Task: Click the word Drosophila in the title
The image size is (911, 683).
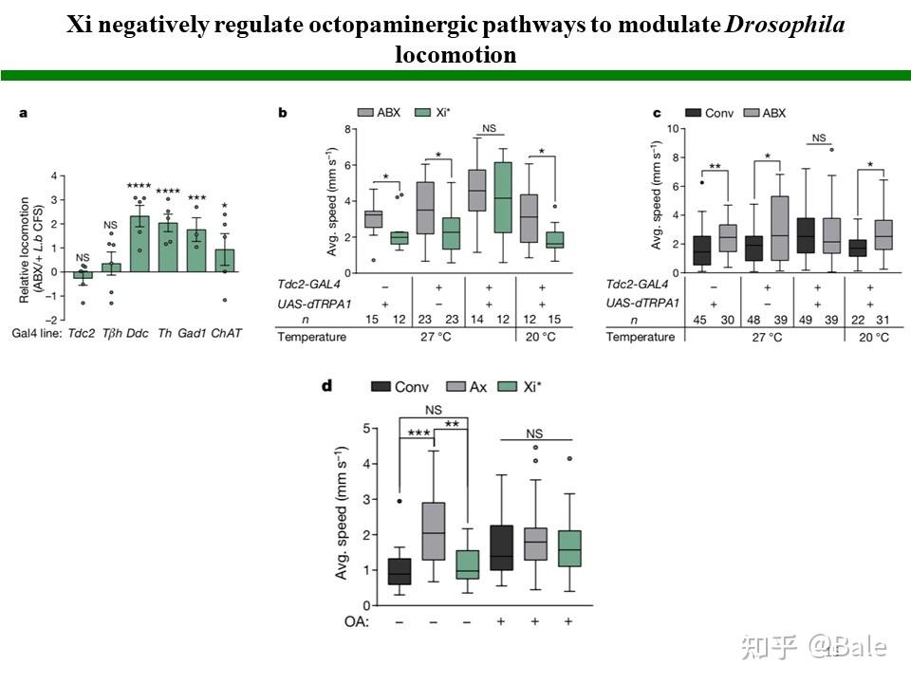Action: tap(785, 24)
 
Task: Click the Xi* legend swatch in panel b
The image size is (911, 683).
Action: tap(424, 112)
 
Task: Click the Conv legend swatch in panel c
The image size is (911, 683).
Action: tap(696, 112)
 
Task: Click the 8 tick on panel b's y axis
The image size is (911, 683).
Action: tap(348, 129)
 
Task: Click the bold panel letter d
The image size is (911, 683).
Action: tap(327, 385)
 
